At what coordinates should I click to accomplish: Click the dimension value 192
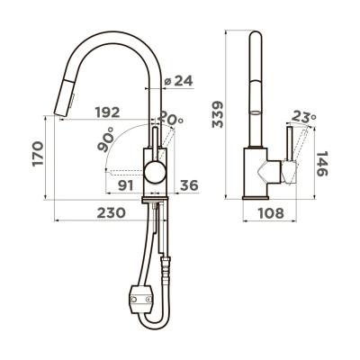pos(107,113)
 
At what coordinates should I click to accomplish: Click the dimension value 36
pos(189,186)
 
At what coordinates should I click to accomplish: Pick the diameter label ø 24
pos(179,82)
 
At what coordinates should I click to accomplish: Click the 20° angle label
pos(171,119)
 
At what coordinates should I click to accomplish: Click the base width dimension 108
pos(265,213)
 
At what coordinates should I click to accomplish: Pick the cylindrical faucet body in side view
pos(256,172)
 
